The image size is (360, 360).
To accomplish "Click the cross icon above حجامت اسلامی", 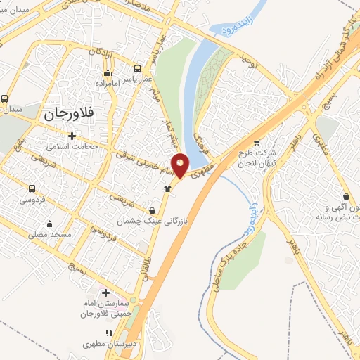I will tap(72, 135).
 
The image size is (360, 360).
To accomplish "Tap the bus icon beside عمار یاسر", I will tap(137, 70).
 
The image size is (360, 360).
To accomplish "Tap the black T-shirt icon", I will tap(167, 188).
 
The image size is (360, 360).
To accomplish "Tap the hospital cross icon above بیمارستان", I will tap(106, 292).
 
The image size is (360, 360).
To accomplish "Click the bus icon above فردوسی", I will tap(32, 188).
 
